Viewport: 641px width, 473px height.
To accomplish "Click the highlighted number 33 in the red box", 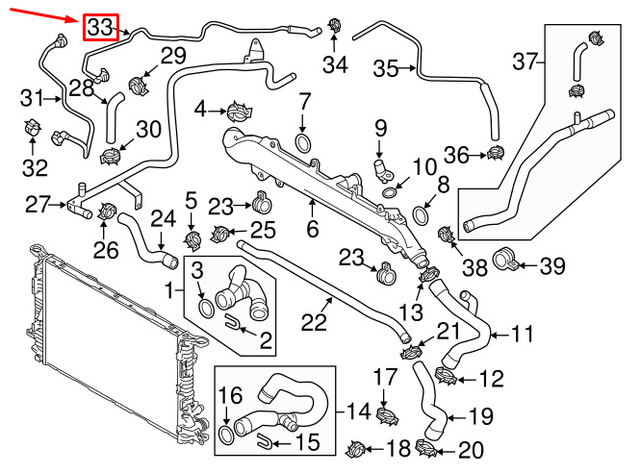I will [x=100, y=29].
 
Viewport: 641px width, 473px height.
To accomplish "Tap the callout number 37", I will [x=524, y=63].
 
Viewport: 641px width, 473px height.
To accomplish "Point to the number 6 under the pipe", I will [x=312, y=230].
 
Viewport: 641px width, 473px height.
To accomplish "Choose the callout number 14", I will [x=359, y=411].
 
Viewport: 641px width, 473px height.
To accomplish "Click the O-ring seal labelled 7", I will [x=303, y=144].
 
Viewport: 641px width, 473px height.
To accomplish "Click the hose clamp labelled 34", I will [x=335, y=26].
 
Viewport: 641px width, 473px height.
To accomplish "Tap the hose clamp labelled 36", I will [x=496, y=152].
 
